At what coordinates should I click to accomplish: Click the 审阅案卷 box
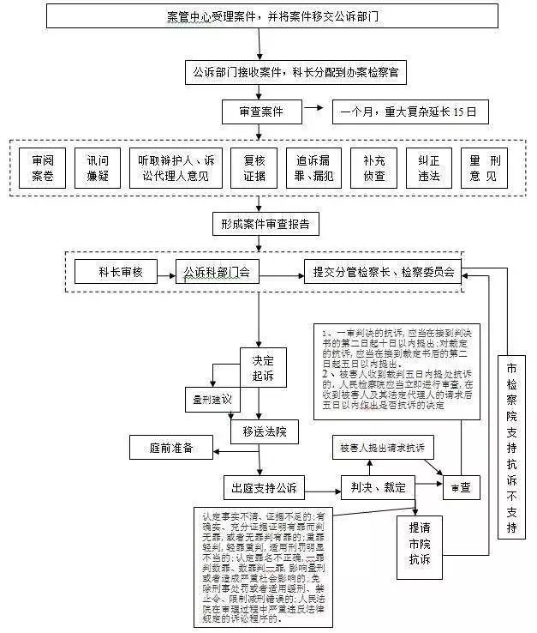pos(44,168)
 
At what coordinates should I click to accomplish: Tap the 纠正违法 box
pos(429,168)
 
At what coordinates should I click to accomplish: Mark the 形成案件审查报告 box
pos(266,225)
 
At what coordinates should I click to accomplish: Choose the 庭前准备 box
pos(170,447)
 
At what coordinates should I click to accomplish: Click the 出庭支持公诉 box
pos(263,488)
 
